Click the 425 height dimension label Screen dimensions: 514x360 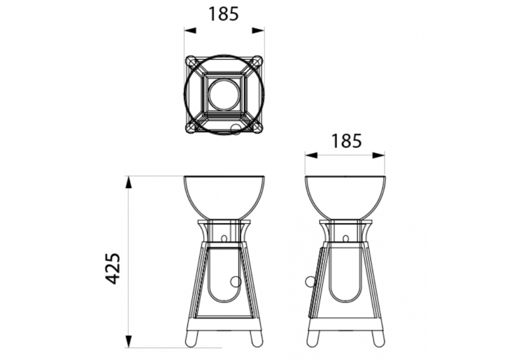114,268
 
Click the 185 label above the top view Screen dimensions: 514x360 223,14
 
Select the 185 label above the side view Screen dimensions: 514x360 346,140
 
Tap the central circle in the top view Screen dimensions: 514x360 224,95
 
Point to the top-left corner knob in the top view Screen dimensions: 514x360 191,61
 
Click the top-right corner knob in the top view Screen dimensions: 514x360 257,61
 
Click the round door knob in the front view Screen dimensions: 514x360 236,282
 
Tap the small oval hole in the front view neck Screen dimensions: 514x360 224,238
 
